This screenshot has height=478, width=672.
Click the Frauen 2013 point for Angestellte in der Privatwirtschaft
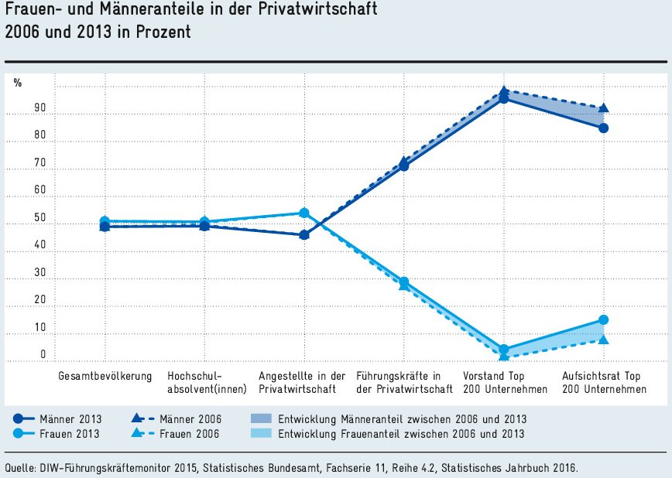click(304, 213)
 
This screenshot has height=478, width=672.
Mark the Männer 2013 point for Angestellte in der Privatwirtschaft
click(304, 234)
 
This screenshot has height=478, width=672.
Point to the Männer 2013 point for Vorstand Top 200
click(504, 98)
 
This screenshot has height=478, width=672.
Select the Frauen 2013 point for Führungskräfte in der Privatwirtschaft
click(404, 282)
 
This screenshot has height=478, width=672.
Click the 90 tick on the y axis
click(40, 108)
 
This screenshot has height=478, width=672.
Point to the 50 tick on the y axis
click(40, 218)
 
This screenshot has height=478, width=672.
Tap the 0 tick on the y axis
click(43, 355)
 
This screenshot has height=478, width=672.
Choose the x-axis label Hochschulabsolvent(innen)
click(204, 382)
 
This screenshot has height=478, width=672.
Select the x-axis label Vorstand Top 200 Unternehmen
click(504, 382)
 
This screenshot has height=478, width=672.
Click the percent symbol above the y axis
click(18, 83)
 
